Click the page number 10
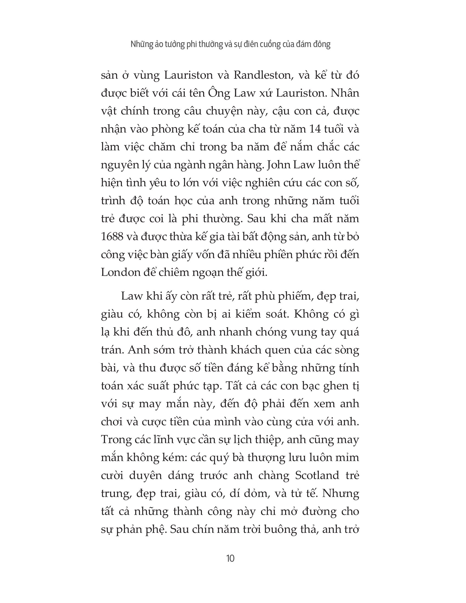click(230, 558)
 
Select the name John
click(281, 165)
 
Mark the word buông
click(279, 529)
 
